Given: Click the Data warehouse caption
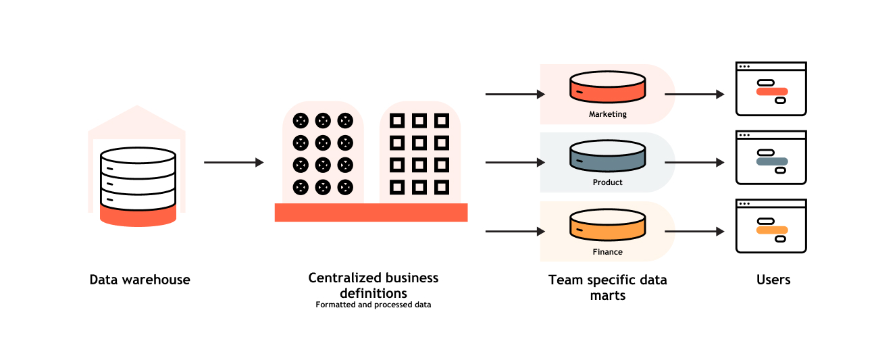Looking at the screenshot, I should [x=140, y=280].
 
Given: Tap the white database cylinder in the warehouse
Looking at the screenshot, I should [x=138, y=177].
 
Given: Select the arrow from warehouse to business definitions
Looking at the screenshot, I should [x=233, y=162].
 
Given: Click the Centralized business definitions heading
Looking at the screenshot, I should [x=373, y=285].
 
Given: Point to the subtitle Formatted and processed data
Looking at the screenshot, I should [x=373, y=305].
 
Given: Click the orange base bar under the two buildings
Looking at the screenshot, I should [x=371, y=212].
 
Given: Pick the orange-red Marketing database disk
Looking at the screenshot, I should [x=607, y=86].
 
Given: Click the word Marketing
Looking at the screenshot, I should [x=607, y=114].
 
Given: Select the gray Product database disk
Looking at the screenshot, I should [x=607, y=155].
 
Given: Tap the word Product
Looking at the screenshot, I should [x=607, y=182].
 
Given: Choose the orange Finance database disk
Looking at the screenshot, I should [x=607, y=224].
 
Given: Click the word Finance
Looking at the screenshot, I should [x=607, y=252].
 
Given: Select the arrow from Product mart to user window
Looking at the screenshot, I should [x=694, y=162].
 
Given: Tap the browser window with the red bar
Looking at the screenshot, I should [x=771, y=89].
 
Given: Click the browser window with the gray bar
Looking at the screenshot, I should [x=771, y=157].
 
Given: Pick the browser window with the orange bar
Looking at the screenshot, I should [x=771, y=226].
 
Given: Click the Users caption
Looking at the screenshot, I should [x=773, y=280].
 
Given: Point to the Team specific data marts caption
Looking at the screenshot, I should [x=607, y=287].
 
